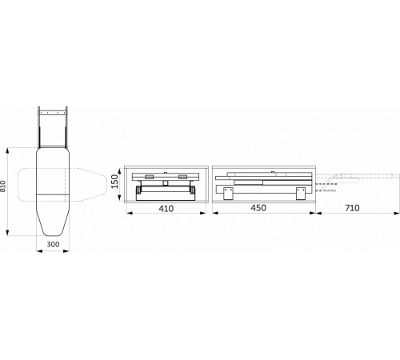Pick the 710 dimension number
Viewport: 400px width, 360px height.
click(352, 208)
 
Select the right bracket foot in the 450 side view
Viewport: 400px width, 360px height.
click(300, 193)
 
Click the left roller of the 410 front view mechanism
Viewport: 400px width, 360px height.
click(140, 188)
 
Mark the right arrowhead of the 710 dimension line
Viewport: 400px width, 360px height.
click(397, 213)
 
